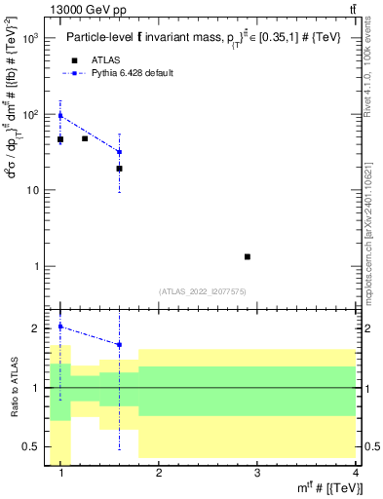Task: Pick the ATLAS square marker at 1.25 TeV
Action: point(85,138)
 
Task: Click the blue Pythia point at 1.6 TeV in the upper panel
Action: point(119,152)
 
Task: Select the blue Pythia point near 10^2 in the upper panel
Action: point(60,115)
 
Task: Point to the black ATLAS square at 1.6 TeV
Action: point(119,169)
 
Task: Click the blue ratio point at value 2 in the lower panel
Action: point(60,326)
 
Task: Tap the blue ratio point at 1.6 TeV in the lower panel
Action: point(119,344)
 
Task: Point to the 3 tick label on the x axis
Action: point(257,474)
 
